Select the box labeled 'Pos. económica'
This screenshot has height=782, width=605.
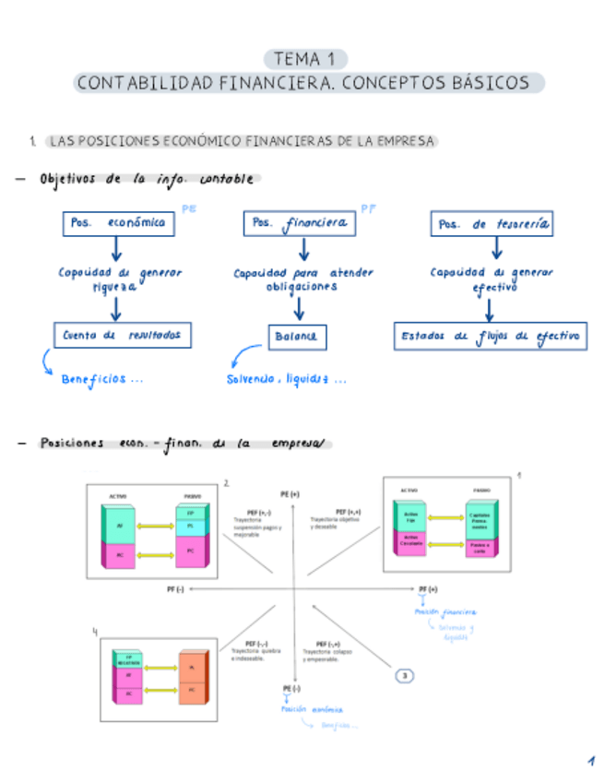(119, 223)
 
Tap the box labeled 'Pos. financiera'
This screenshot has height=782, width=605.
(299, 223)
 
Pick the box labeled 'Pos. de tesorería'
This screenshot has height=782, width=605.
(492, 224)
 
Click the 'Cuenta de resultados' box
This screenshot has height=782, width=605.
(123, 336)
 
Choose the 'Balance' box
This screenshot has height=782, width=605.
(295, 338)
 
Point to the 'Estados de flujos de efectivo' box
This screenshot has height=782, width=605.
(490, 337)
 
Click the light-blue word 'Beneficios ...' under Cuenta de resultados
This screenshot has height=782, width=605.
(101, 378)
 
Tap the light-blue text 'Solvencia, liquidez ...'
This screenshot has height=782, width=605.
(287, 379)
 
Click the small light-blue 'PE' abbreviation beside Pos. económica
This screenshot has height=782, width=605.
(189, 209)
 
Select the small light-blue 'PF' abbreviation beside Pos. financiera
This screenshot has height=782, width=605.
(368, 209)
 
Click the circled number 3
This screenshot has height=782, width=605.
(405, 676)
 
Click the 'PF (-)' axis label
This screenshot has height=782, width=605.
(174, 588)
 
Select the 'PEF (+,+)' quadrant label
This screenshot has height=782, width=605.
(348, 511)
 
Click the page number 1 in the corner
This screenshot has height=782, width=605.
(589, 762)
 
